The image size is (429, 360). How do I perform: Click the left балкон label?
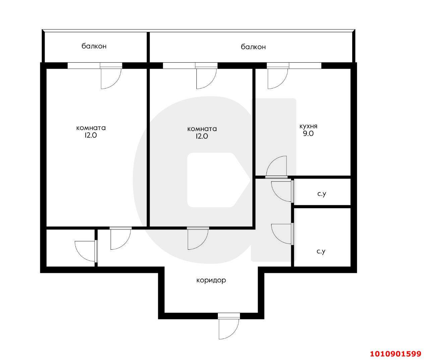click(94, 46)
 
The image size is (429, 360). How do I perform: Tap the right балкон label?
click(253, 47)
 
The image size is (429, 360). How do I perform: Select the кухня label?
click(308, 126)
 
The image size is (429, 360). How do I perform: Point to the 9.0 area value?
click(308, 133)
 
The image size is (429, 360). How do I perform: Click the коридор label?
click(211, 280)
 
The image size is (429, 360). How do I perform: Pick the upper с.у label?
click(321, 194)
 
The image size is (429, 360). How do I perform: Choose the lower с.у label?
click(321, 251)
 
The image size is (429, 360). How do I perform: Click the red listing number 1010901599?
click(395, 354)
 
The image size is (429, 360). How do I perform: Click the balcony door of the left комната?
click(111, 78)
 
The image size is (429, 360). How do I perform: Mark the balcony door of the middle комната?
click(206, 78)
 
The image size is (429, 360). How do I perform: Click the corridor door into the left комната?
click(120, 239)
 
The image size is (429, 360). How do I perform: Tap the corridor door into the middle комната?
click(198, 239)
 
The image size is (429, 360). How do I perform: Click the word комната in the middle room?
click(202, 129)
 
